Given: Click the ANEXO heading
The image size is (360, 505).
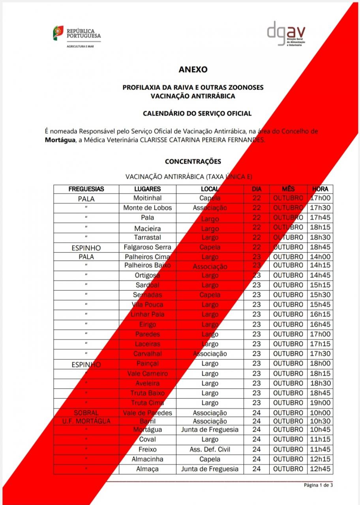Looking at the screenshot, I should (x=193, y=69).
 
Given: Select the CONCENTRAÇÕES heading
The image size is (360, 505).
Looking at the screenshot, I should (x=193, y=161).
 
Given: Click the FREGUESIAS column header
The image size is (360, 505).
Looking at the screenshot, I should (x=86, y=189).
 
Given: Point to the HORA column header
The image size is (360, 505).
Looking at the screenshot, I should (x=320, y=189).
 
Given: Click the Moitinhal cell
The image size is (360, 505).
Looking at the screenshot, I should (x=147, y=198).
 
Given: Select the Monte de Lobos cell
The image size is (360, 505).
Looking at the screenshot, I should (x=147, y=208).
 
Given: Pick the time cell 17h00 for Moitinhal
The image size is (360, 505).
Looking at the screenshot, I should (x=320, y=198).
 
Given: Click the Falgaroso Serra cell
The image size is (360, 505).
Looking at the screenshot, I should (x=147, y=247).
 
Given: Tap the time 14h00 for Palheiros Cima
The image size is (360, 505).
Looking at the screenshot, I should (x=320, y=257).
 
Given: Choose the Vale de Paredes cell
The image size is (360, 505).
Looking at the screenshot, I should (x=147, y=413).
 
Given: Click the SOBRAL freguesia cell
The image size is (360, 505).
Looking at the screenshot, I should (x=86, y=413).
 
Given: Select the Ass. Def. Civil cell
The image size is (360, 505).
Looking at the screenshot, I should (x=210, y=449).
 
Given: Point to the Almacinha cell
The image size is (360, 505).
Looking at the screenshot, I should (x=147, y=459).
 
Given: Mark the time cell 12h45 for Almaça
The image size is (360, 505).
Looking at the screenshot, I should (x=320, y=469).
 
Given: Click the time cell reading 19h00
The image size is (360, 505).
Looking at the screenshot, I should (x=320, y=403).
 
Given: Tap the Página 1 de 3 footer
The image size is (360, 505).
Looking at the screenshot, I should (x=318, y=485).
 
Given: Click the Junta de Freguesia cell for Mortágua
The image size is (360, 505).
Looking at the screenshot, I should (x=210, y=430).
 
